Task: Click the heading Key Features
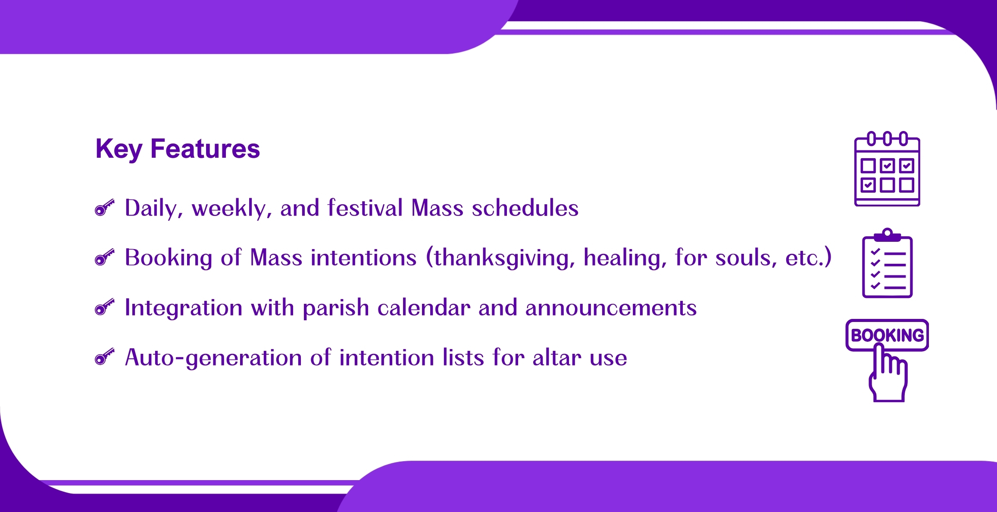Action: coord(178,149)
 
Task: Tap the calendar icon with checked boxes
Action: coord(887,169)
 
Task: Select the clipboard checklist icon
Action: coord(887,263)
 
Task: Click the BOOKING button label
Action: coord(887,335)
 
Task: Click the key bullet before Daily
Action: coord(104,208)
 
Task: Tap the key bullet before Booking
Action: coord(104,257)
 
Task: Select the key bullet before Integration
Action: coord(104,307)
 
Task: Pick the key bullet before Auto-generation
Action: coord(104,357)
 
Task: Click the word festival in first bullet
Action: coord(365,208)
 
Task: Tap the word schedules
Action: coord(525,208)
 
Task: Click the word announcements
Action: coord(611,308)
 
